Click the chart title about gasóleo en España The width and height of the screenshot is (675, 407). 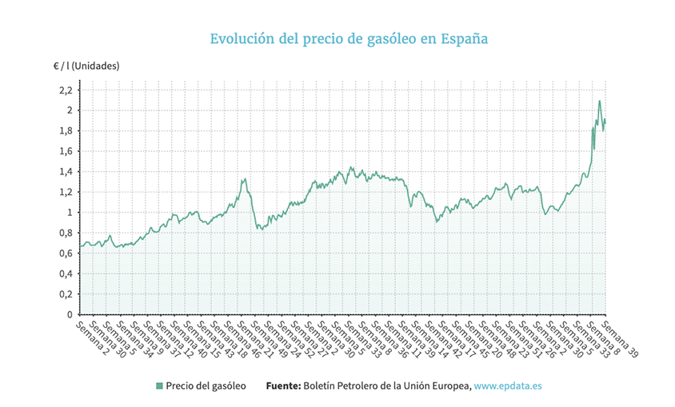(x=337, y=39)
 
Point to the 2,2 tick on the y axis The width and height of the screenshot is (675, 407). (x=66, y=90)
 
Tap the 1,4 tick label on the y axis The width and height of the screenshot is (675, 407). (x=66, y=171)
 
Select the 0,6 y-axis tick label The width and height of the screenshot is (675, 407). (x=66, y=253)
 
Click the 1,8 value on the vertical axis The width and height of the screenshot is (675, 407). (x=66, y=130)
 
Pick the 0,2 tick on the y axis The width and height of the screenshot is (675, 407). (x=66, y=294)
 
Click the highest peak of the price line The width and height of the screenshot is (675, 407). (x=600, y=102)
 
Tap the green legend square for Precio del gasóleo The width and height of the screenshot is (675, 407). (x=159, y=385)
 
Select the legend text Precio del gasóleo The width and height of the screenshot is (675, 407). (x=206, y=385)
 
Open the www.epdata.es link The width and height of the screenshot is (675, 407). (x=508, y=385)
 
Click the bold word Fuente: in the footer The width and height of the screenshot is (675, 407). (x=283, y=385)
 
